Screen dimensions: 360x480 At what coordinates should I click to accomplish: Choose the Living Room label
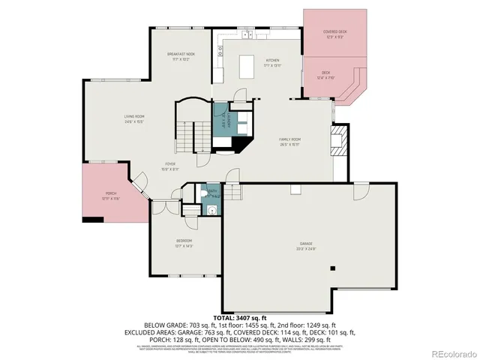click(134, 118)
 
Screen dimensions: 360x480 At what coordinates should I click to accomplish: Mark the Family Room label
click(290, 142)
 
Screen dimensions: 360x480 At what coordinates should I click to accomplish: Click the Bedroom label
click(184, 243)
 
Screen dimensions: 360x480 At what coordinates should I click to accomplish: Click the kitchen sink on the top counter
click(246, 34)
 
